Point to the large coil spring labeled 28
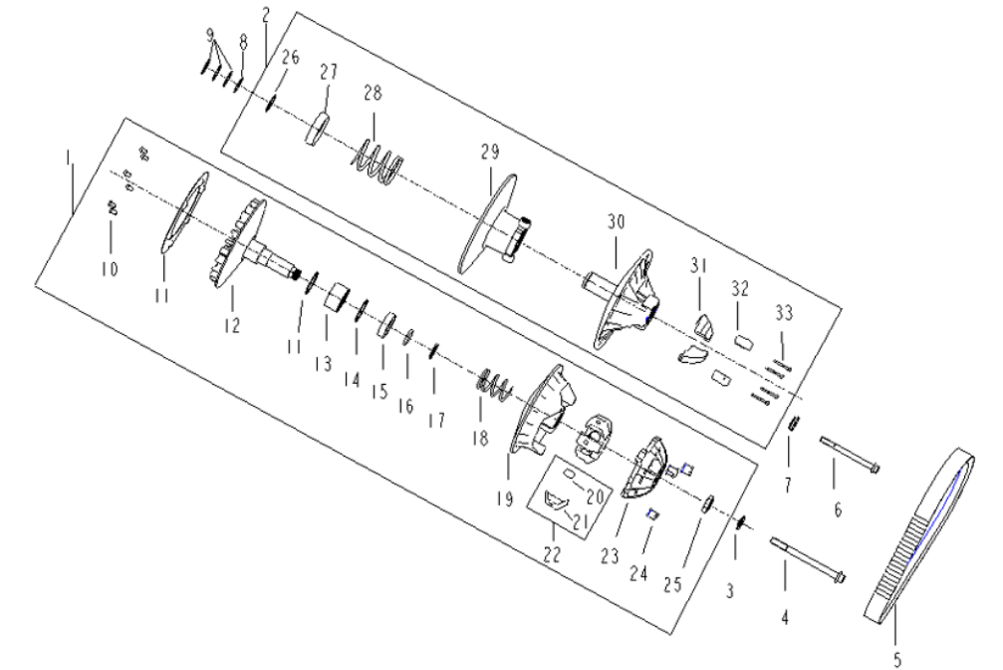pos(378,162)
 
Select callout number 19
pos(505,499)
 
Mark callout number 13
pos(322,365)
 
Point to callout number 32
pos(738,291)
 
